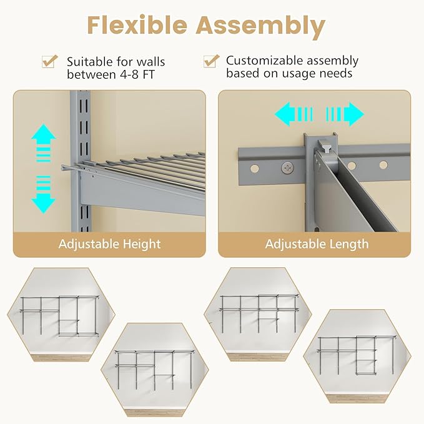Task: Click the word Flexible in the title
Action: click(x=137, y=26)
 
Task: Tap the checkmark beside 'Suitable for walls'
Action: click(x=49, y=61)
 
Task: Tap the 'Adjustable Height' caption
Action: click(x=109, y=244)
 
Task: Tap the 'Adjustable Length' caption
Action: click(x=317, y=244)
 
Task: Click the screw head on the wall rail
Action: click(x=287, y=167)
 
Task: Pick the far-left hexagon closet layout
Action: click(x=61, y=315)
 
